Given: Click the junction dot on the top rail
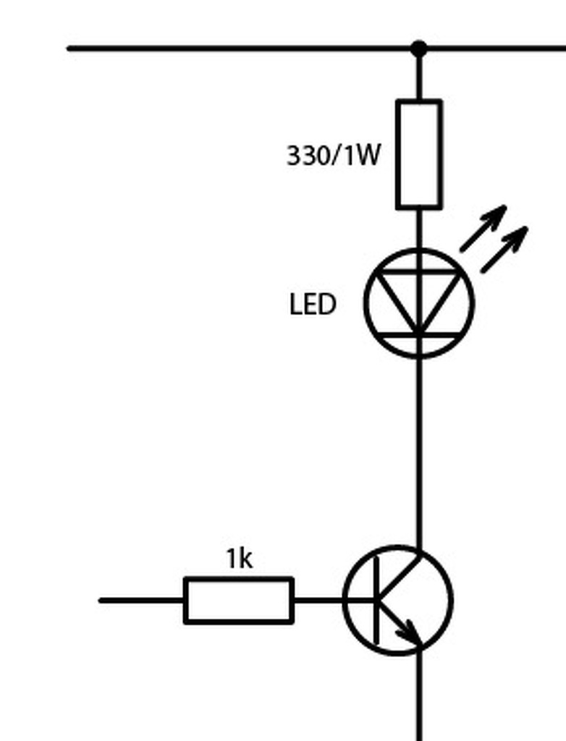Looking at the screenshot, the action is [x=418, y=48].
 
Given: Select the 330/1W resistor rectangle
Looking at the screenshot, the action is [x=418, y=155].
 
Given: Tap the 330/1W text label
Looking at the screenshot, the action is [x=333, y=156].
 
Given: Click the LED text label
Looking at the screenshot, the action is [x=313, y=305].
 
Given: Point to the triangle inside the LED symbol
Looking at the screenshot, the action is [x=418, y=297].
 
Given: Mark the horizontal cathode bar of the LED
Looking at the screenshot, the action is [x=418, y=336].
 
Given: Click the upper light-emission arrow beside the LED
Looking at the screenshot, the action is [x=483, y=228].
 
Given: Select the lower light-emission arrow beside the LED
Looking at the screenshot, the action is [x=504, y=250].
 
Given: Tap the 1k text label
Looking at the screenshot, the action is [x=239, y=559].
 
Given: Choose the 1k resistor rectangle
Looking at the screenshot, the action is [x=239, y=600].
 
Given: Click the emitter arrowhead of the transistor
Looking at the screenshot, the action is [x=410, y=633].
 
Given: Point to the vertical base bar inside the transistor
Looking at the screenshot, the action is [x=376, y=600].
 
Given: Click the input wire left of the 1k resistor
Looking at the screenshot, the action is [x=142, y=600].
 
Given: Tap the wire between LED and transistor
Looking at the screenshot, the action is [x=418, y=449].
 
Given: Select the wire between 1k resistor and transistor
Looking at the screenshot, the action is [x=318, y=600].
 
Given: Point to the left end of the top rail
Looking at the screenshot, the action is [x=71, y=48].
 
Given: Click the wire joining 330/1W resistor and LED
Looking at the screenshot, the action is [x=418, y=228].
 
